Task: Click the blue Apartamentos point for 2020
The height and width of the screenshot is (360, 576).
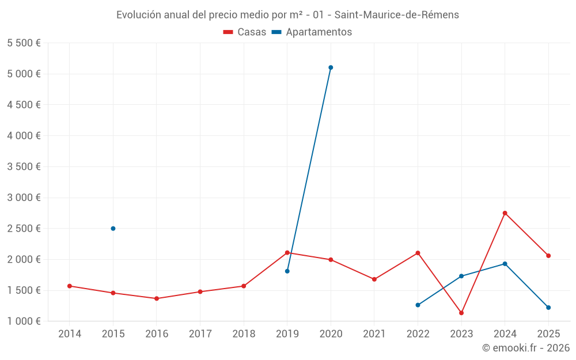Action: coord(331,67)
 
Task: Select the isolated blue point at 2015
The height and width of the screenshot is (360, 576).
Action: coord(113,229)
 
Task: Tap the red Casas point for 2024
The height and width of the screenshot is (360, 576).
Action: coord(505,213)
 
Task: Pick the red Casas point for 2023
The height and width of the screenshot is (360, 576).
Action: coord(461,313)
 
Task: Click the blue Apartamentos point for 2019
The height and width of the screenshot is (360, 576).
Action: coord(287,271)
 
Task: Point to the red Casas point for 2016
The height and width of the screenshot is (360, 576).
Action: coord(157,298)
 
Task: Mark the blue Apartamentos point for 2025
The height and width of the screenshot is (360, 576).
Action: coord(548,308)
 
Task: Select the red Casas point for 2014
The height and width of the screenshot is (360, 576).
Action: coord(69,286)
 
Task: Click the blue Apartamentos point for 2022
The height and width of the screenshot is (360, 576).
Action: coord(418,305)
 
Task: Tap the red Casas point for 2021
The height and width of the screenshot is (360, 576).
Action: coord(374,279)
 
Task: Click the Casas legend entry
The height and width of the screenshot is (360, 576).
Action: coord(245,32)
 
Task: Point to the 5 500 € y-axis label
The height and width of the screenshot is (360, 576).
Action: coord(24,43)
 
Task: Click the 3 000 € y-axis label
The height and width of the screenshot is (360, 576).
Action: coord(24,198)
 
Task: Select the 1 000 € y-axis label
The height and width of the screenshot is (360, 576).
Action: coord(24,321)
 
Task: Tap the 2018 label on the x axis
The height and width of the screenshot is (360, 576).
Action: coord(244,334)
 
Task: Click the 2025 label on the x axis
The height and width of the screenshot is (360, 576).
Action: coord(548,334)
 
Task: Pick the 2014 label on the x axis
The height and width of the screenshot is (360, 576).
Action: coord(69,334)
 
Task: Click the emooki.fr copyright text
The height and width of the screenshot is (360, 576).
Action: coord(526,348)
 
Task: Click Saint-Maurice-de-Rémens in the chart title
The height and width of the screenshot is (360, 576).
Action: coord(396,15)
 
